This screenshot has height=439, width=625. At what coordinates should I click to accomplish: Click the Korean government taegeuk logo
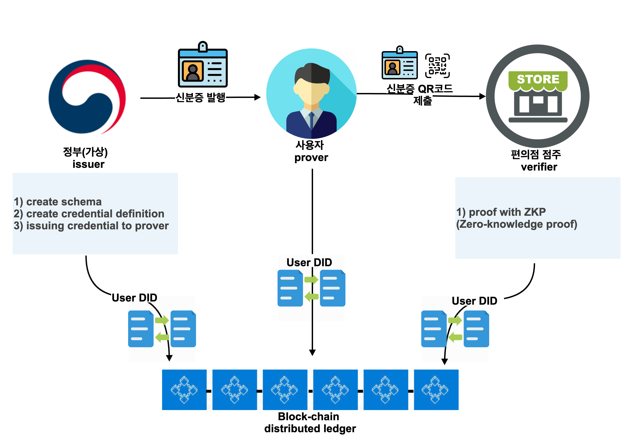(x=86, y=97)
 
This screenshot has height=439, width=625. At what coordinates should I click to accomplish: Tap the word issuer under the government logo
(x=89, y=164)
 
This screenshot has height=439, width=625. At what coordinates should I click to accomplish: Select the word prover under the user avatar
(x=311, y=157)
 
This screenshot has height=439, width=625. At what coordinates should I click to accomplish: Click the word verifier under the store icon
(x=539, y=167)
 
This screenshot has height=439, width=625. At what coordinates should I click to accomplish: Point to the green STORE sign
(x=538, y=79)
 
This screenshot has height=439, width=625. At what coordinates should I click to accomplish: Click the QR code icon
(x=437, y=66)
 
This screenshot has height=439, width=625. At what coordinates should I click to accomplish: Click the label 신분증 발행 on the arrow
(x=201, y=97)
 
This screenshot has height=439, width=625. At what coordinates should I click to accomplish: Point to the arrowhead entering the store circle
(x=482, y=96)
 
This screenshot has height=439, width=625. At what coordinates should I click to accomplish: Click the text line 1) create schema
(x=58, y=202)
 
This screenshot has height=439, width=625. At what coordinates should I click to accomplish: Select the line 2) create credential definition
(x=89, y=214)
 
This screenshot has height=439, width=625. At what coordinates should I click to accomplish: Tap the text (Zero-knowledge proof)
(x=516, y=224)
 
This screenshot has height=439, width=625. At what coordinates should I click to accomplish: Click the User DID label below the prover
(x=309, y=263)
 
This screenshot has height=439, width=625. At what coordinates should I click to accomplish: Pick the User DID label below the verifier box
(x=474, y=301)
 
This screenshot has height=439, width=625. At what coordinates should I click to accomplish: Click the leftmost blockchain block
(x=184, y=389)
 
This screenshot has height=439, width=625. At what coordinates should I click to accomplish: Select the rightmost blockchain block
(x=436, y=389)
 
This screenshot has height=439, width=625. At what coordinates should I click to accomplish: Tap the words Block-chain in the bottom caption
(x=308, y=416)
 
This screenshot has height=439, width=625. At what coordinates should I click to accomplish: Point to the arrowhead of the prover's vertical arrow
(x=312, y=353)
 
